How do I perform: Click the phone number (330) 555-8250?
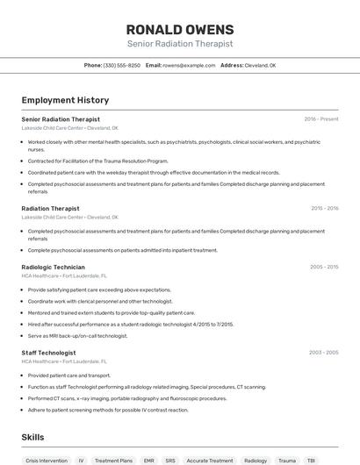(122, 66)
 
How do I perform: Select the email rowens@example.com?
(188, 66)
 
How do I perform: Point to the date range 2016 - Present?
(321, 118)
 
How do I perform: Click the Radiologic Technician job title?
(53, 267)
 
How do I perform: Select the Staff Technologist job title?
(48, 353)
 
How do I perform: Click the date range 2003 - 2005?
(323, 353)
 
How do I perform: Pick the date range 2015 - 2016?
(324, 209)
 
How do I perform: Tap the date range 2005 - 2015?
(324, 267)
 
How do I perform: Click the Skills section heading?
(32, 437)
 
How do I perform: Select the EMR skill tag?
(148, 460)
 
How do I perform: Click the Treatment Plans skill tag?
(113, 460)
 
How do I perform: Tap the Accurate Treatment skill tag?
(209, 460)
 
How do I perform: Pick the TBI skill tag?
(311, 460)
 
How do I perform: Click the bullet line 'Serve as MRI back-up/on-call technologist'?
(77, 335)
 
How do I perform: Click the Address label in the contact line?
(232, 66)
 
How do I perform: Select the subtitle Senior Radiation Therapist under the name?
(179, 44)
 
